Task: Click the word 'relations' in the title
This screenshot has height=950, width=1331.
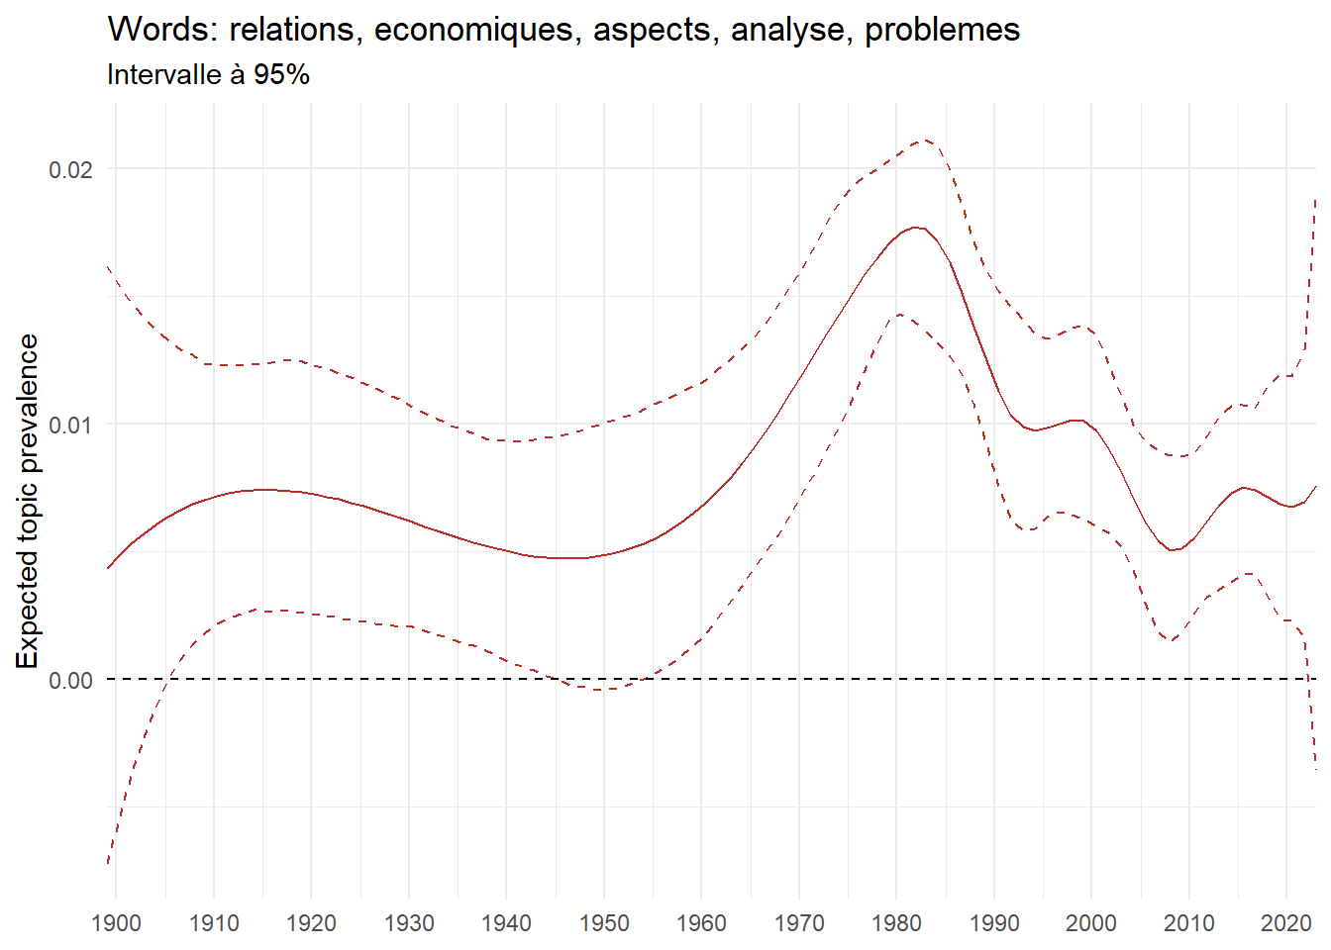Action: (292, 30)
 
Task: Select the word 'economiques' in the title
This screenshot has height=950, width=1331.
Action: (474, 30)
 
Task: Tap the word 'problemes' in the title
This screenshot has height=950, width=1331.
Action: (942, 30)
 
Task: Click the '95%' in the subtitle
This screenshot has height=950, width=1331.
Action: (281, 75)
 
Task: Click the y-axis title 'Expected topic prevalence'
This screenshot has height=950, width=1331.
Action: (28, 501)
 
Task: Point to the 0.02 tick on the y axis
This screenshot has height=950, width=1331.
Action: (70, 169)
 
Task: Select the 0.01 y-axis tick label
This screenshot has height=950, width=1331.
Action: (70, 425)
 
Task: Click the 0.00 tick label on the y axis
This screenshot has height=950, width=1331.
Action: (70, 681)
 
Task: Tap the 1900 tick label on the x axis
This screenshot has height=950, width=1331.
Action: (116, 923)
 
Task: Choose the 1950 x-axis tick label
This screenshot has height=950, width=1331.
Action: (604, 923)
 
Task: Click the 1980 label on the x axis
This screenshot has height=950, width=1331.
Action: (896, 923)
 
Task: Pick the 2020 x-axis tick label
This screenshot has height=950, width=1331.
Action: (1286, 923)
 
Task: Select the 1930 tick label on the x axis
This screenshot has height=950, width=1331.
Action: (409, 923)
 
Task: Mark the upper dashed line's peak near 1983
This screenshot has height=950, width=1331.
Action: (925, 140)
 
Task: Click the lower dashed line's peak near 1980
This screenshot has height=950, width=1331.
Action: (898, 315)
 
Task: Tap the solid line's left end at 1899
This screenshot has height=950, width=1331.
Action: (108, 568)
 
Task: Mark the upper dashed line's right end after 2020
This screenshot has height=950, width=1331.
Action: (1316, 198)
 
